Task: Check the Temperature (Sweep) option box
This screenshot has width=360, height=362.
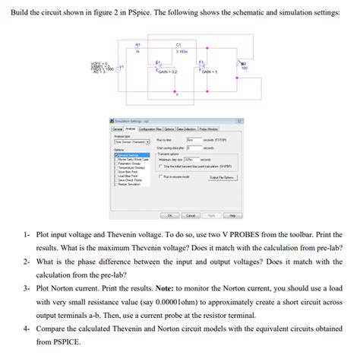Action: pyautogui.click(x=117, y=167)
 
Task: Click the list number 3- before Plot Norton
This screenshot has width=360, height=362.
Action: pyautogui.click(x=27, y=288)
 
